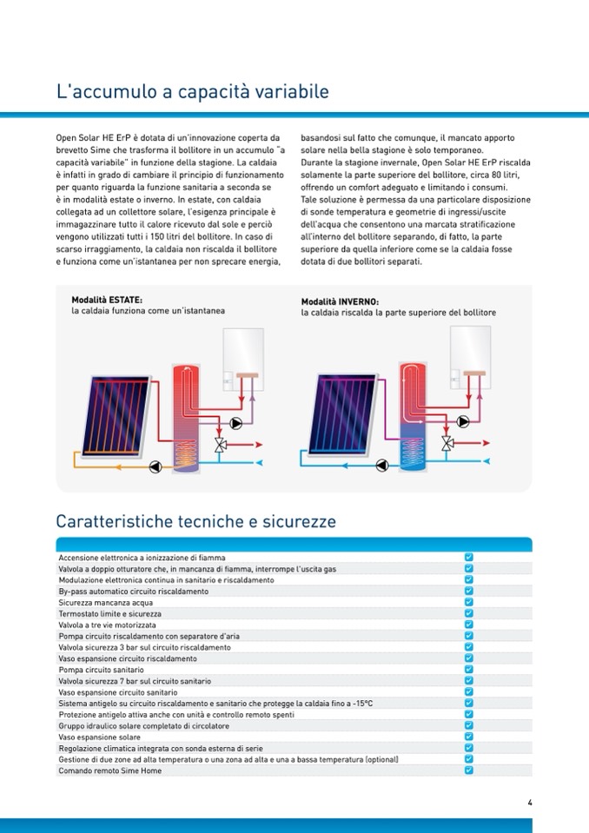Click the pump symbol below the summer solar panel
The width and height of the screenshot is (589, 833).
pyautogui.click(x=155, y=465)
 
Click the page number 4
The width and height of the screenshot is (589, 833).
pyautogui.click(x=529, y=803)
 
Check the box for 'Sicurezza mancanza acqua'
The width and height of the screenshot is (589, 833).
pyautogui.click(x=468, y=601)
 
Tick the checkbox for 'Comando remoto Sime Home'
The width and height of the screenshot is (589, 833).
pyautogui.click(x=468, y=770)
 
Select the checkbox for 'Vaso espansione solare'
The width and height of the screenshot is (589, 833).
pyautogui.click(x=468, y=736)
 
